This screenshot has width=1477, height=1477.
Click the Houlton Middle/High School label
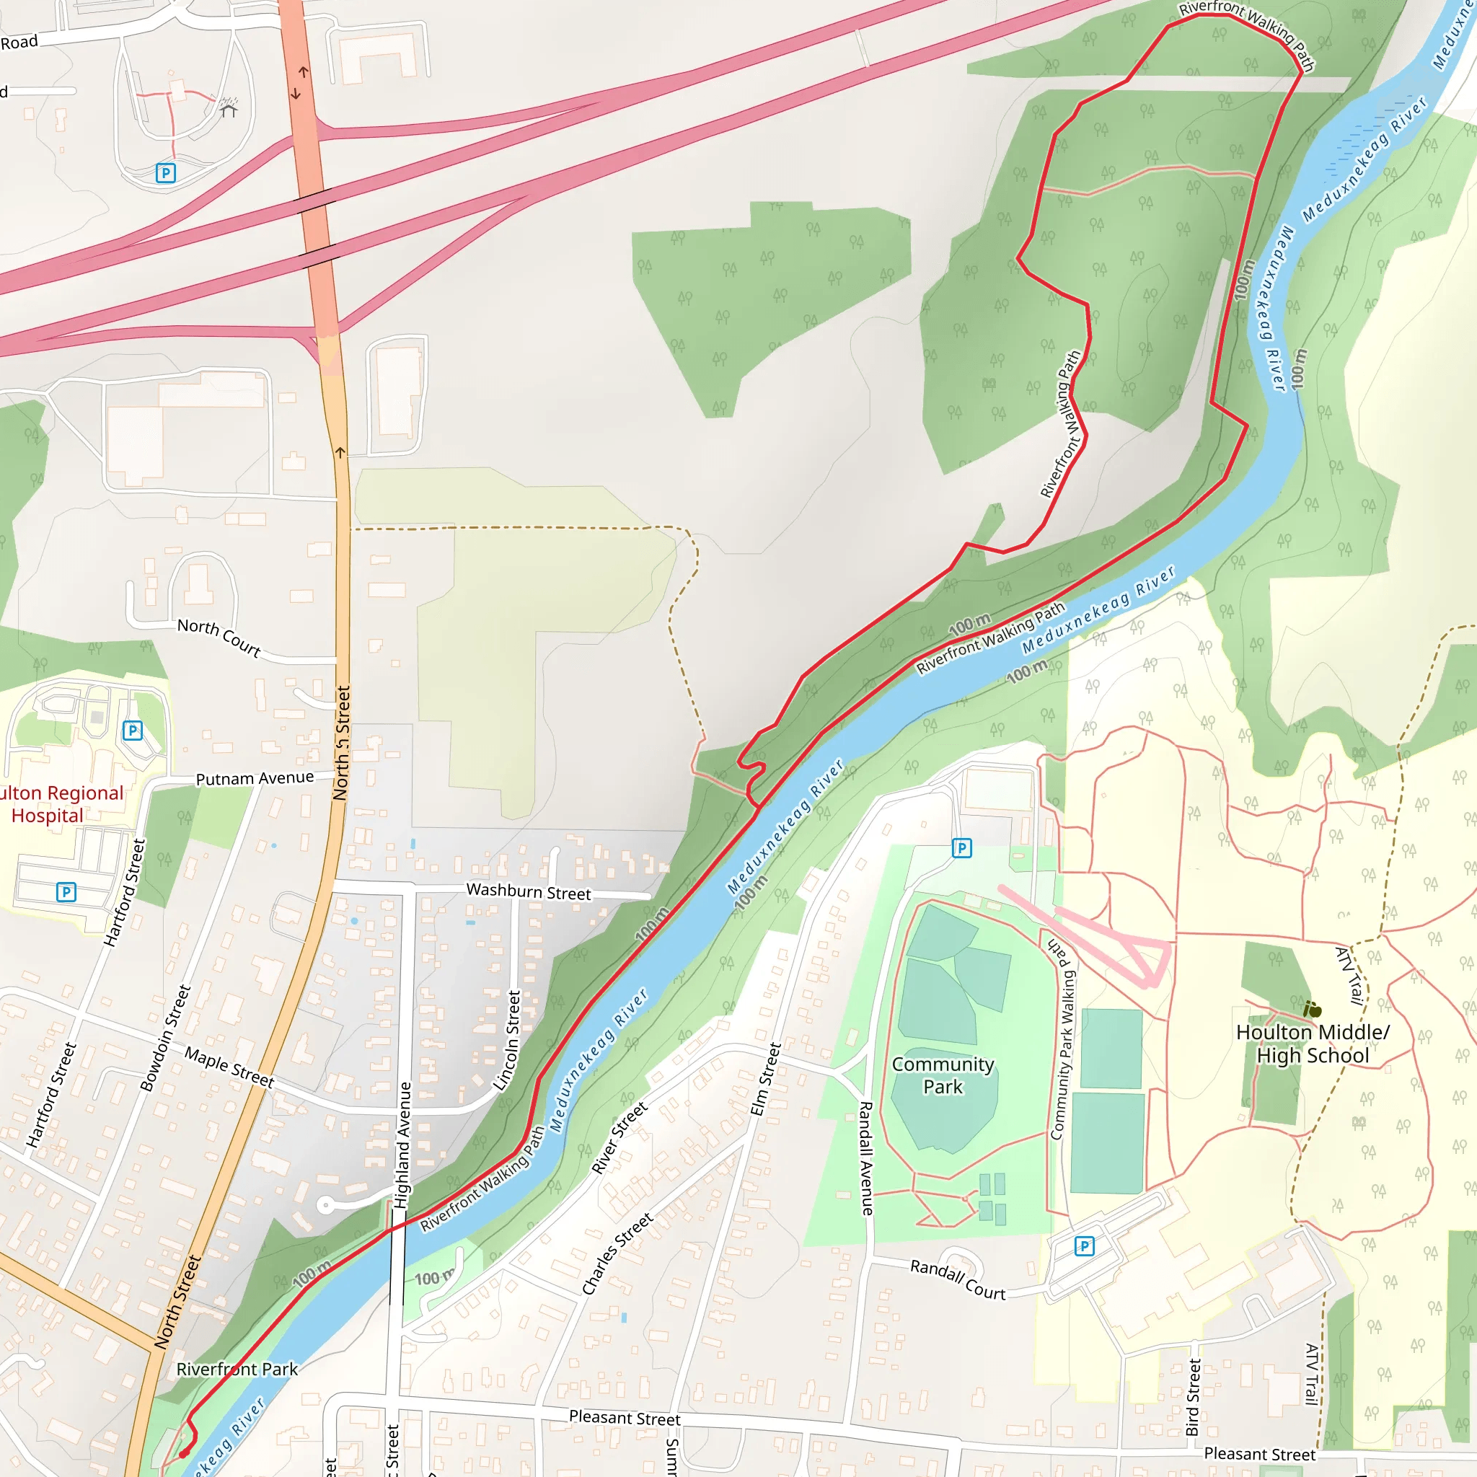(1312, 1044)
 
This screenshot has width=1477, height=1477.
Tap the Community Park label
(943, 1075)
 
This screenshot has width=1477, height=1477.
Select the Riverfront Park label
(237, 1370)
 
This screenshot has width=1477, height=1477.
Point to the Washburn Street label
(528, 891)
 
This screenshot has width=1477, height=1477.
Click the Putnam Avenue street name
(255, 778)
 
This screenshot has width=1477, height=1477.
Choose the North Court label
(219, 637)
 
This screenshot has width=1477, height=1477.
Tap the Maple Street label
(229, 1067)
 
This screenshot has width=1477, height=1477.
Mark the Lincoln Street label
(506, 1041)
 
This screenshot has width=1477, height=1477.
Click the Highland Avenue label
(403, 1145)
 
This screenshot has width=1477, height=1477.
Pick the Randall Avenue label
(866, 1158)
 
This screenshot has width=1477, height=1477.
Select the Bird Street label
(1193, 1397)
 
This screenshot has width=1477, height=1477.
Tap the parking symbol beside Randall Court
(1084, 1247)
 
